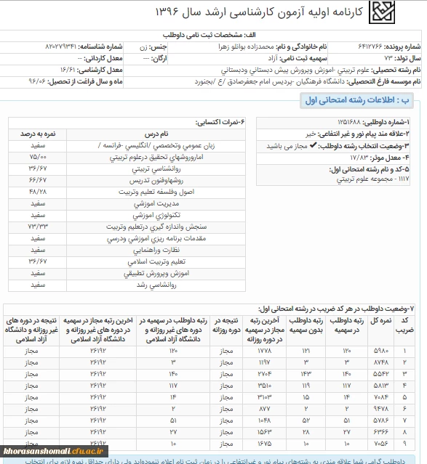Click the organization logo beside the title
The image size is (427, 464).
coord(381,12)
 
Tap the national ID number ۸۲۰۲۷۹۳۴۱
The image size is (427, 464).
coord(68,46)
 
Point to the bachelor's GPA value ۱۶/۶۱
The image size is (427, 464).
coord(67,70)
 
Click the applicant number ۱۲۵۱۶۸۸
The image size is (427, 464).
coord(351,122)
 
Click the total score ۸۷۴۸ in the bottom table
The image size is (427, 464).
coord(381,361)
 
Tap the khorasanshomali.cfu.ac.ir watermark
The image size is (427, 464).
coord(55,452)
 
